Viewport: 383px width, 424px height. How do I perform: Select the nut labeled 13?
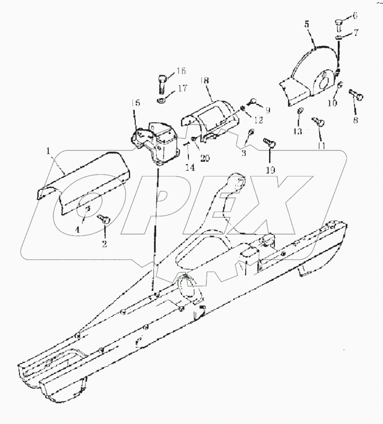pyautogui.click(x=300, y=111)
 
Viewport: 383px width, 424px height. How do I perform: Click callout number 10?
pyautogui.click(x=332, y=103)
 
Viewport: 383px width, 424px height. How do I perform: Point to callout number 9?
pyautogui.click(x=267, y=109)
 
